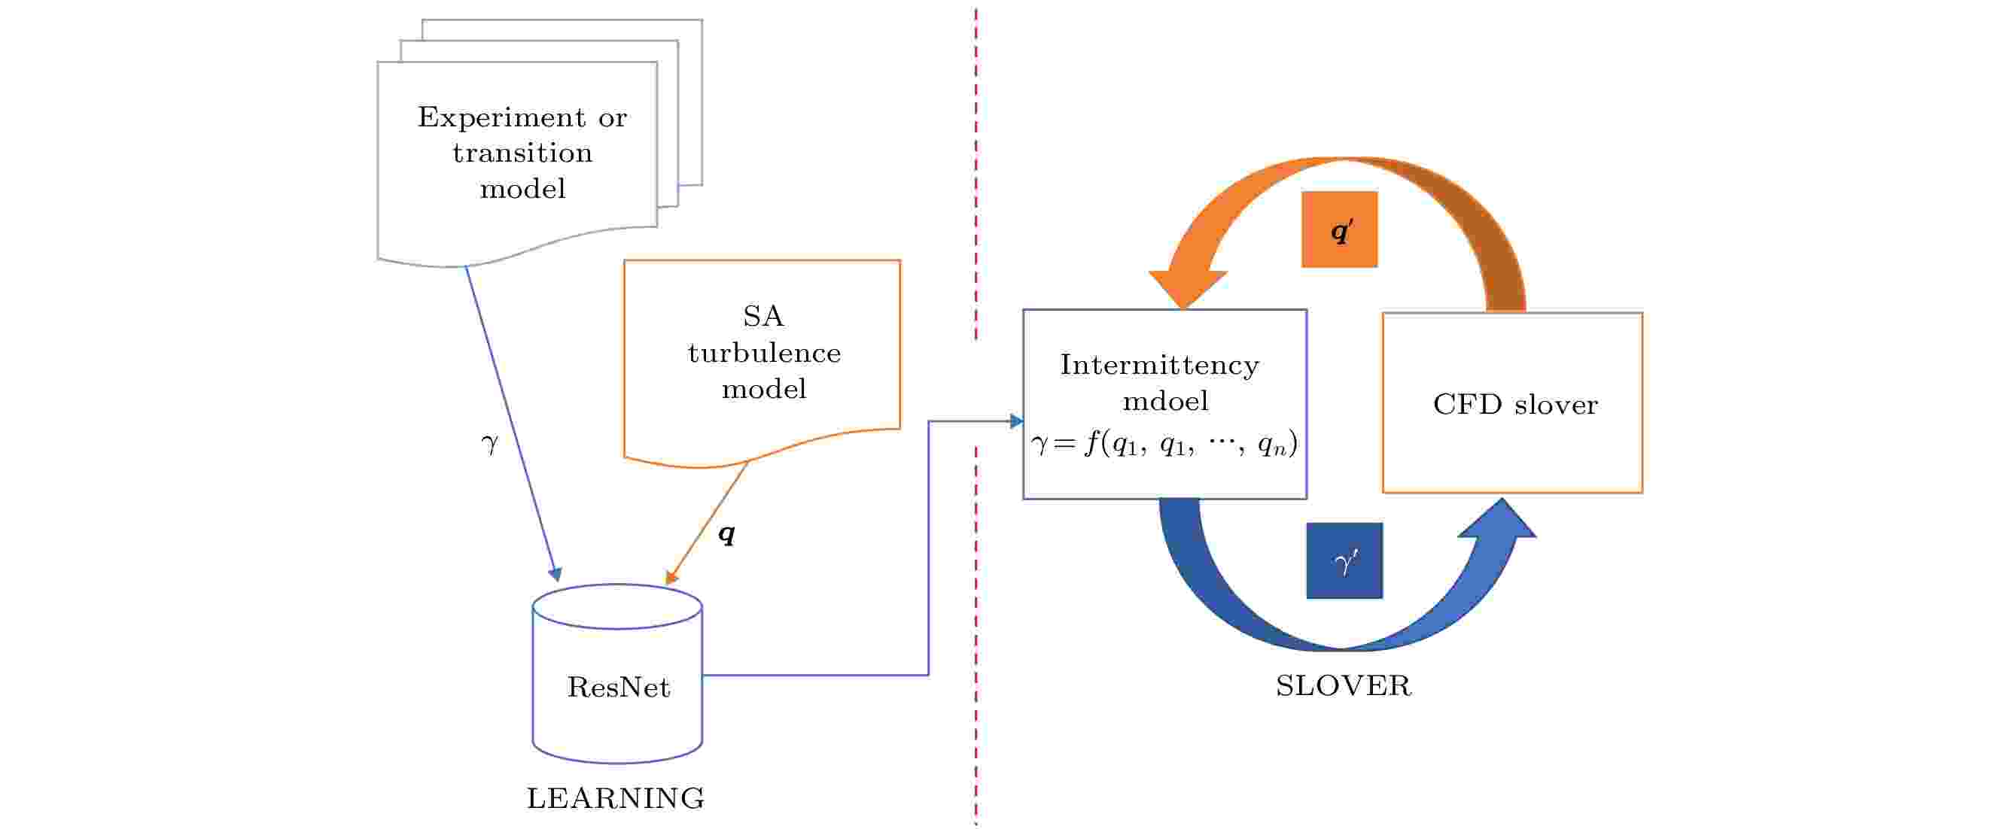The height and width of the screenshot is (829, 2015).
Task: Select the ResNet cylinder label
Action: (618, 688)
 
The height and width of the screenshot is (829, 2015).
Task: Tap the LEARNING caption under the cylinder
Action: (616, 798)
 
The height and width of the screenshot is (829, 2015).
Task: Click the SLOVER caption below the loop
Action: (1343, 686)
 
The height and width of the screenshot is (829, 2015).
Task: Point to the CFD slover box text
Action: (1514, 404)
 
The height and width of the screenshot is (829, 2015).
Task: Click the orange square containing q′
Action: (1339, 230)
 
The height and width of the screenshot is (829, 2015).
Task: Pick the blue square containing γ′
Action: (1344, 560)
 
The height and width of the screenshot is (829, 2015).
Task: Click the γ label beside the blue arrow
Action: (490, 442)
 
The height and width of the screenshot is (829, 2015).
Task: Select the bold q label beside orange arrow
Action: (726, 534)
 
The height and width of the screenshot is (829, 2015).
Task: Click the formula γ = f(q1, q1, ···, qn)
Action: (1164, 445)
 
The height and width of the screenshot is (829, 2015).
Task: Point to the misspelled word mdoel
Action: (1164, 401)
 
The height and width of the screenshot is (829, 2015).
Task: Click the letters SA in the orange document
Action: (762, 317)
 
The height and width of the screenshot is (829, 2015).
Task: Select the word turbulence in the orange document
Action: (764, 354)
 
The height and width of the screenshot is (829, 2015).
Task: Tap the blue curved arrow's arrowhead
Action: (1498, 520)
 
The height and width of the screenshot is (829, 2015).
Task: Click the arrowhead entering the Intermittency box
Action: (1016, 421)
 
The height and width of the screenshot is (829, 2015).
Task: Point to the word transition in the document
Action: (522, 153)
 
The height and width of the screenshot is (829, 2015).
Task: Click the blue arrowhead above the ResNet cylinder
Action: (555, 574)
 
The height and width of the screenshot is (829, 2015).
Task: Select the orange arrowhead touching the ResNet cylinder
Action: (671, 578)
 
